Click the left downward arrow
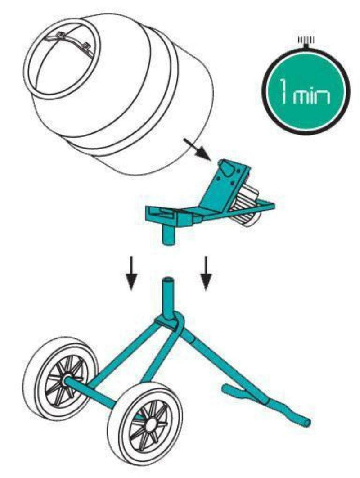pyautogui.click(x=130, y=273)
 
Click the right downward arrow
pyautogui.click(x=206, y=273)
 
